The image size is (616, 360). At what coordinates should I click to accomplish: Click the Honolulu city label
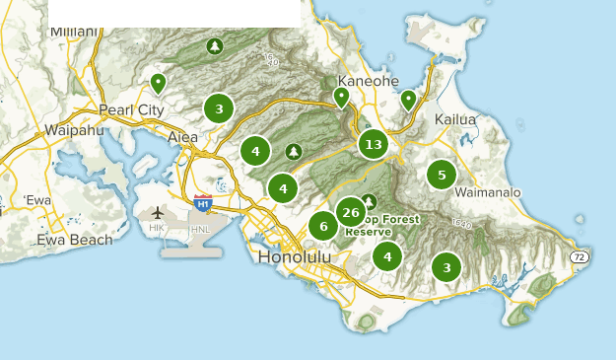click(295, 256)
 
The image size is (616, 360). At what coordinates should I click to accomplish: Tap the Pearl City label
click(131, 109)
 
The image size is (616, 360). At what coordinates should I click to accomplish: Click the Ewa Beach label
click(75, 240)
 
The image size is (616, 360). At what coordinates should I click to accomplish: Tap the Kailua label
click(455, 119)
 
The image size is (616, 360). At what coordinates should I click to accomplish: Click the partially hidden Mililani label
click(74, 31)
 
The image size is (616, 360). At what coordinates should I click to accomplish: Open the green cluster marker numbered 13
click(373, 145)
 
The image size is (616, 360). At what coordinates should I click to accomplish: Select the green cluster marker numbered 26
click(351, 212)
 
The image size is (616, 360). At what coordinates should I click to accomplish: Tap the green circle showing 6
click(322, 226)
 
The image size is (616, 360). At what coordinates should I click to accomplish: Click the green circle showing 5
click(442, 176)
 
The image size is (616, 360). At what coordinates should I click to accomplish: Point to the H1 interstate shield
click(203, 204)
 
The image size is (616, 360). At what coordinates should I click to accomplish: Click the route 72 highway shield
click(580, 257)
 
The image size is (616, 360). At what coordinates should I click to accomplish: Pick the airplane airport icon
click(158, 213)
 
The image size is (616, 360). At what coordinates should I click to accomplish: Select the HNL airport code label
click(200, 229)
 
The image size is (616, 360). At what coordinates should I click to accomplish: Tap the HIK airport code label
click(157, 228)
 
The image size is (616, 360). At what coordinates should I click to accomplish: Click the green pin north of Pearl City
click(158, 83)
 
